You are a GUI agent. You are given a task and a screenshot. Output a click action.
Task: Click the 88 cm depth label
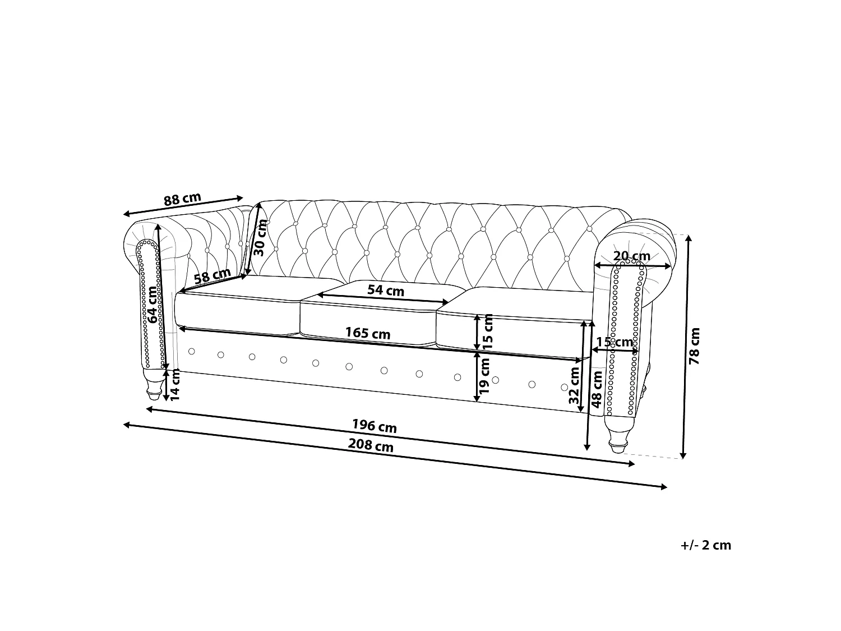pos(182,199)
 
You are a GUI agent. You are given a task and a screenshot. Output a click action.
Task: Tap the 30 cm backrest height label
pos(261,237)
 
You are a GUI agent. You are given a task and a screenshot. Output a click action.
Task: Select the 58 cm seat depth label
pos(212,276)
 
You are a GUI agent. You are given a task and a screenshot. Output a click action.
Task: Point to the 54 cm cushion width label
pos(386,291)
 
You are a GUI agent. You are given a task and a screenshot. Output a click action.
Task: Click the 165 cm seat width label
pos(368,333)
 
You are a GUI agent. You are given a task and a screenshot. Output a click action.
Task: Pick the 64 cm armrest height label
pos(152,305)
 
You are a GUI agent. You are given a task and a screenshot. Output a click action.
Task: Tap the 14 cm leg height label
pos(175,385)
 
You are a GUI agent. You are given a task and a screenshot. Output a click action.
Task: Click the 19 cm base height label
pos(484,376)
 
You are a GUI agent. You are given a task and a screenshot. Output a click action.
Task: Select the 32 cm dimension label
pos(574,385)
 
